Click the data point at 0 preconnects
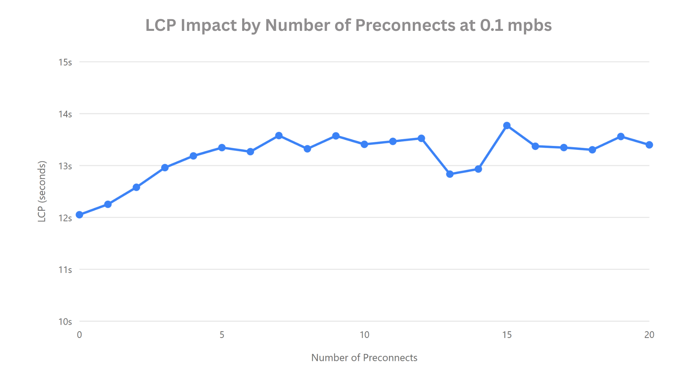[80, 215]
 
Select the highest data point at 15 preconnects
[507, 126]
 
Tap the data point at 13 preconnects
[450, 174]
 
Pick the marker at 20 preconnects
[649, 145]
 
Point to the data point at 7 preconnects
[279, 136]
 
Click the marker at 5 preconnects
[222, 148]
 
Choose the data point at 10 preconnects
[364, 144]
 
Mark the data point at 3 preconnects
[165, 168]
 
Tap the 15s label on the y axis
[65, 62]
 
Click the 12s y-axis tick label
[65, 218]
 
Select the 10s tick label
[65, 322]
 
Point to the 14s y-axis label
[65, 114]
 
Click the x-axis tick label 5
[222, 335]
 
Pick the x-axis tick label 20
[649, 335]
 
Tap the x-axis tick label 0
[80, 335]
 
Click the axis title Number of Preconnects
[364, 358]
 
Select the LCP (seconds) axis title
[42, 191]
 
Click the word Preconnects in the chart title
[405, 25]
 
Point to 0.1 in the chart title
[492, 25]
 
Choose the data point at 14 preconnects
[478, 169]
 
